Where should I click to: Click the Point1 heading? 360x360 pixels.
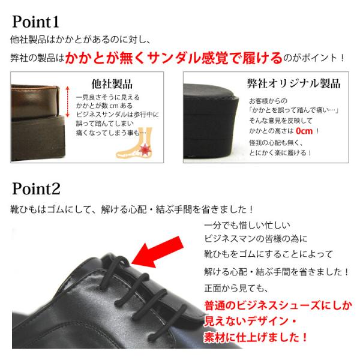[x=35, y=22]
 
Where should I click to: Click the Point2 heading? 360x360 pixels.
[x=36, y=188]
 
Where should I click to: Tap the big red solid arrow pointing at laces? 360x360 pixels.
[x=157, y=253]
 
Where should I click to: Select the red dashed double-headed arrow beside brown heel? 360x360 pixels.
[x=67, y=102]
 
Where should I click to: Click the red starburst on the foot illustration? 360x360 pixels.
[x=144, y=149]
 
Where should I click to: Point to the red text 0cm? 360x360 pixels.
[x=304, y=131]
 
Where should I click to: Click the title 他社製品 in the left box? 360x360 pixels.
[x=112, y=84]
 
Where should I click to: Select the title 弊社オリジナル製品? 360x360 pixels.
[x=293, y=83]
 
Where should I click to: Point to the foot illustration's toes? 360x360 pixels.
[x=122, y=154]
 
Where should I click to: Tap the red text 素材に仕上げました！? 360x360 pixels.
[x=256, y=337]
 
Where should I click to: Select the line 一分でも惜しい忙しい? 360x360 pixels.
[x=247, y=225]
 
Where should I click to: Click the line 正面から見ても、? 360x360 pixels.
[x=236, y=288]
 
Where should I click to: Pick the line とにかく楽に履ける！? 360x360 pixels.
[x=280, y=152]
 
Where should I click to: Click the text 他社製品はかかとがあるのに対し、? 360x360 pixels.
[x=80, y=40]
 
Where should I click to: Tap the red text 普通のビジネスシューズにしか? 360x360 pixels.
[x=278, y=305]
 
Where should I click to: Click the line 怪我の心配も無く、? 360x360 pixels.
[x=276, y=143]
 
